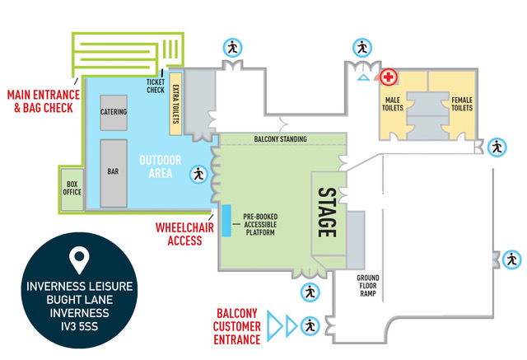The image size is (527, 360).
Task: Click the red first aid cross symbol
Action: point(388,77)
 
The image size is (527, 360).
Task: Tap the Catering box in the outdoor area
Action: point(114,113)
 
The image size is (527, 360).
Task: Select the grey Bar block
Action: point(114,173)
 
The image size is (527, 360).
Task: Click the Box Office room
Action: point(72,189)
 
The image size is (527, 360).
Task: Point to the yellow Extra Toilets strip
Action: point(175,104)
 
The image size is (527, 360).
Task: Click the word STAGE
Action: point(327,213)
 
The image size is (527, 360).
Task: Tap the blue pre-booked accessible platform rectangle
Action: point(226,221)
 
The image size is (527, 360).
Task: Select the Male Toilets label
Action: point(393,104)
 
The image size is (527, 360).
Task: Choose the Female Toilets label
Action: point(462,104)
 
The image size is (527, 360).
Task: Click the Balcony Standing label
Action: point(280,139)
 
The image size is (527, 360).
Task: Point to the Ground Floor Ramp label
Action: point(368,286)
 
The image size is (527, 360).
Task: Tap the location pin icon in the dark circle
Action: point(79,260)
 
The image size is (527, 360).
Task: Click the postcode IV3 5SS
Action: point(79,326)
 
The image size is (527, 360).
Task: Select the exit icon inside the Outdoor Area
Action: point(198,175)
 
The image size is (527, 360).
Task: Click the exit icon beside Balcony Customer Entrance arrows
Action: point(310,326)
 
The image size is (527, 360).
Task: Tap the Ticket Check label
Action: point(156,86)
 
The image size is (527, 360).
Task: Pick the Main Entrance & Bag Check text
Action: point(44,101)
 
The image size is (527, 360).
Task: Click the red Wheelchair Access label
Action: point(184,234)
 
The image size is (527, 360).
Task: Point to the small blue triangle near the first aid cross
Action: point(363,77)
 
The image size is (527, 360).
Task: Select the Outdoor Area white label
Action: point(161,166)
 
